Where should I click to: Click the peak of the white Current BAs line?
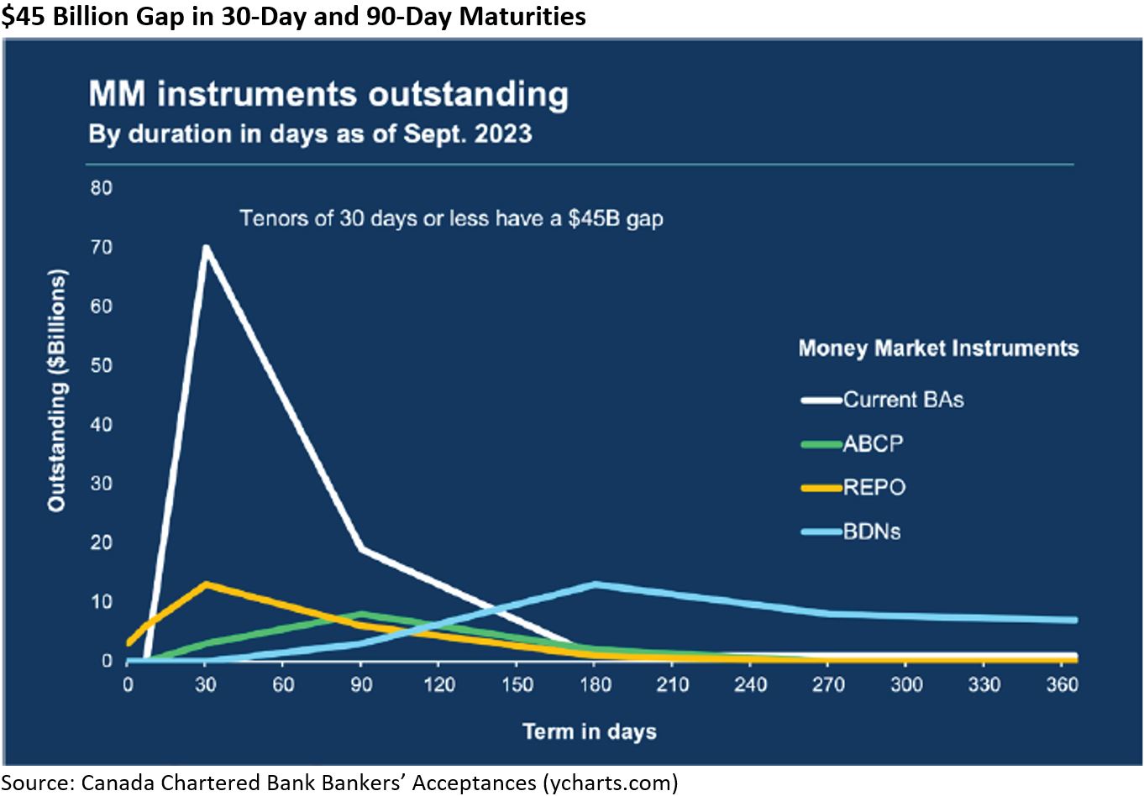[x=205, y=248]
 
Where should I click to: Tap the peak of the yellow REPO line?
[x=206, y=584]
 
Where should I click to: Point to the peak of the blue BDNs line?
[x=596, y=584]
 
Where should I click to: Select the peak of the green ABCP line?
[x=361, y=614]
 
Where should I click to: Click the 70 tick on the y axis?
[x=102, y=248]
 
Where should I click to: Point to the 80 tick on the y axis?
[x=102, y=188]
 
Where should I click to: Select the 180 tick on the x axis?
[x=596, y=684]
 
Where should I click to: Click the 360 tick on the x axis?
[x=1062, y=684]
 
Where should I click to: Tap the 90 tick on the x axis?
[x=361, y=684]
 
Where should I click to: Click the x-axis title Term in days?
[x=590, y=731]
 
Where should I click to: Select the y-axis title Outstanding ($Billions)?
[x=56, y=390]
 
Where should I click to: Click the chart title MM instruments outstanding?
[x=328, y=95]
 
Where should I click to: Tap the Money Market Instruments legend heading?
[x=938, y=348]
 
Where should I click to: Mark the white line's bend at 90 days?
[x=361, y=549]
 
